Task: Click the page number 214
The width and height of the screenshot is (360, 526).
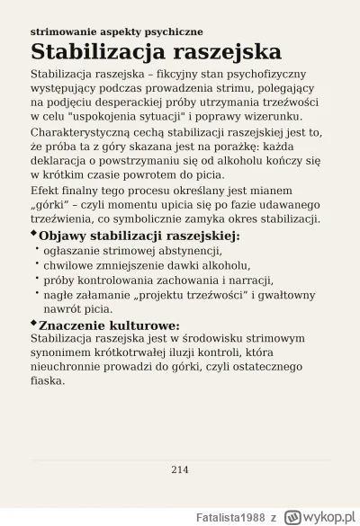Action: click(x=180, y=468)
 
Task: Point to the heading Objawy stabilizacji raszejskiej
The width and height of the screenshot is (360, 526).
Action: click(x=139, y=236)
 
